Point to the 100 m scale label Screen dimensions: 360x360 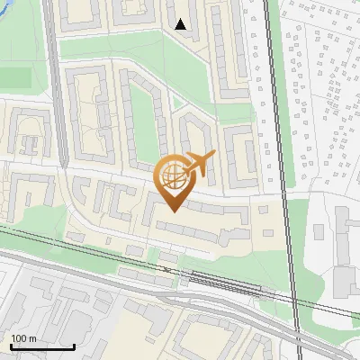23,338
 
